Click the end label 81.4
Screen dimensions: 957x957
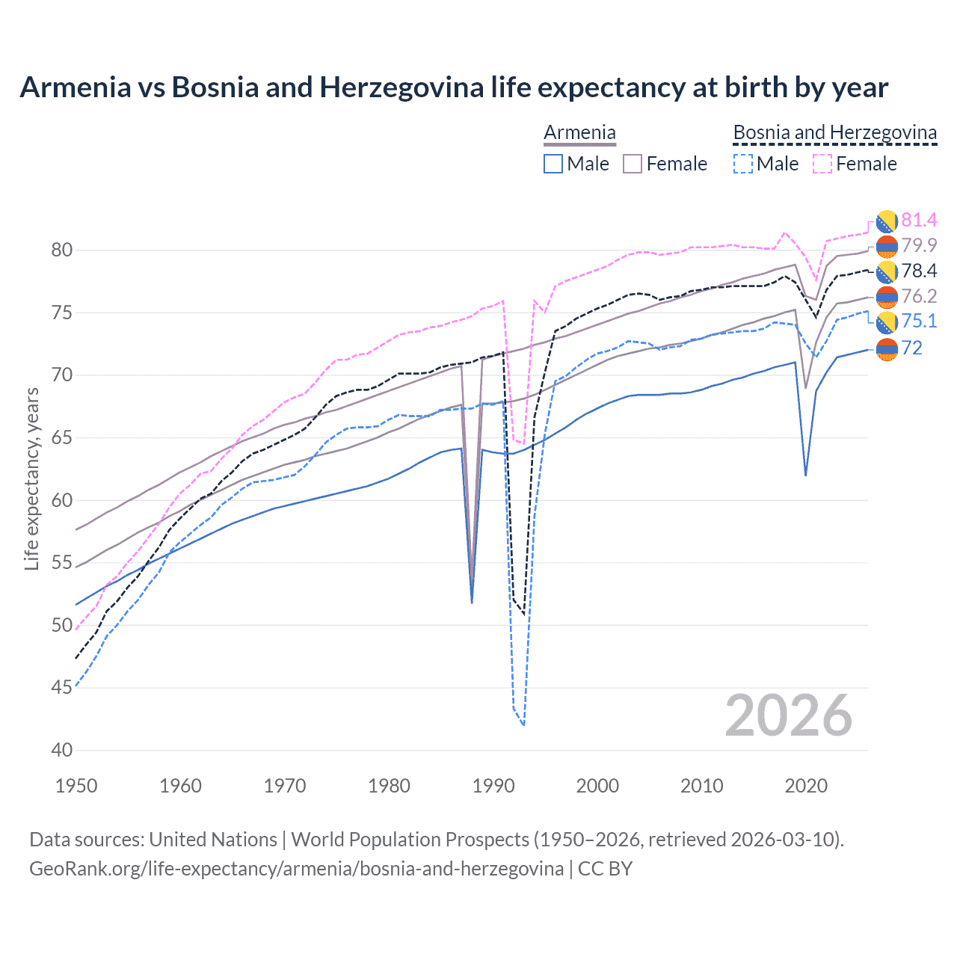(918, 221)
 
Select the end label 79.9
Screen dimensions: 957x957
(918, 246)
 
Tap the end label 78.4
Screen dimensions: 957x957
(918, 271)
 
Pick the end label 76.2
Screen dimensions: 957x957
(918, 297)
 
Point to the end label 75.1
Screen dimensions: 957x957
(918, 321)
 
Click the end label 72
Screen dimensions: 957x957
(911, 348)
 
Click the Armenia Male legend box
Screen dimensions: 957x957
(553, 164)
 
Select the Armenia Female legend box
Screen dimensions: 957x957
(633, 164)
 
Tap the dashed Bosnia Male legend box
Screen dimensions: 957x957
(742, 164)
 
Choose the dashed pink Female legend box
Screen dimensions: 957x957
(822, 164)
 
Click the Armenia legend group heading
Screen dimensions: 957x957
(579, 133)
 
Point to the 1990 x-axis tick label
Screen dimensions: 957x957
(493, 786)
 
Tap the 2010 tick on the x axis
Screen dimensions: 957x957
(701, 786)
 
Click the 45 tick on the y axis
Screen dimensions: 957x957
(62, 688)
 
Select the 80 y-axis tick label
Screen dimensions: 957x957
(62, 250)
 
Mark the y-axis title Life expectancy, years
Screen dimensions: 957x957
(32, 478)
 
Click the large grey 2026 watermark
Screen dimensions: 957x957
(789, 716)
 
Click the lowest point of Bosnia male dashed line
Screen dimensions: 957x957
(523, 724)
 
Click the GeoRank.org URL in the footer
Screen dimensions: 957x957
(296, 869)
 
